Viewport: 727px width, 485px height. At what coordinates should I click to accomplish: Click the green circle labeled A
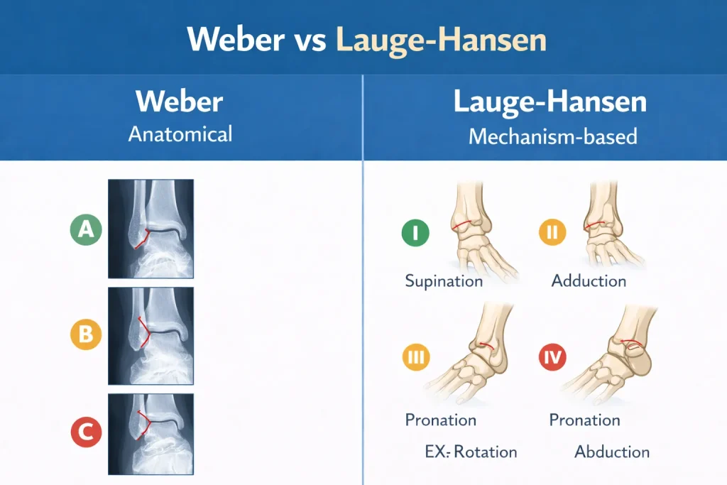[86, 229]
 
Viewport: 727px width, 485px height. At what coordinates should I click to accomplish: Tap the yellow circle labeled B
[86, 334]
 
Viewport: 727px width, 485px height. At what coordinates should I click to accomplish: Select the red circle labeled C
[86, 432]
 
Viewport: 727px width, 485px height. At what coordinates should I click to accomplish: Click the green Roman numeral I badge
[415, 232]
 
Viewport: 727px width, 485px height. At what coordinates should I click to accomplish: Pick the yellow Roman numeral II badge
[552, 231]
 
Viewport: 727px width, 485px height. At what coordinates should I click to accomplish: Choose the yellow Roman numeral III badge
[416, 357]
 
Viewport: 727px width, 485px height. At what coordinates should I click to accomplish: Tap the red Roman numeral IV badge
[552, 357]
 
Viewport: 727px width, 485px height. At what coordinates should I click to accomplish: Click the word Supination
[444, 281]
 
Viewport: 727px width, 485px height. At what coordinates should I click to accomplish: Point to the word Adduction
[589, 280]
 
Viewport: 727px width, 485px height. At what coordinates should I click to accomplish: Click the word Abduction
[612, 452]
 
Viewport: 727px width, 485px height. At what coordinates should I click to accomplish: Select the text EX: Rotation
[471, 452]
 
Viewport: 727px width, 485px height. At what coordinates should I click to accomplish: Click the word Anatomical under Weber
[180, 134]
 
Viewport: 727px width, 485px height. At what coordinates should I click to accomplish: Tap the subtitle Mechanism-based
[552, 136]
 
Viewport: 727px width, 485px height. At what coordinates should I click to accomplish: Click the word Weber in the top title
[236, 39]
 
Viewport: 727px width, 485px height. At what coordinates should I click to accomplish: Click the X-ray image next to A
[151, 229]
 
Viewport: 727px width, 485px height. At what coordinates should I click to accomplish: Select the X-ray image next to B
[151, 336]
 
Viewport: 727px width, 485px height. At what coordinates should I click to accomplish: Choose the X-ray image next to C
[151, 434]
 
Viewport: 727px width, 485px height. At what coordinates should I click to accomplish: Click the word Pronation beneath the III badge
[440, 420]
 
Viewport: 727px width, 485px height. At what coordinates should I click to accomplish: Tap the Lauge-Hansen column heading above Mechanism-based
[550, 101]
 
